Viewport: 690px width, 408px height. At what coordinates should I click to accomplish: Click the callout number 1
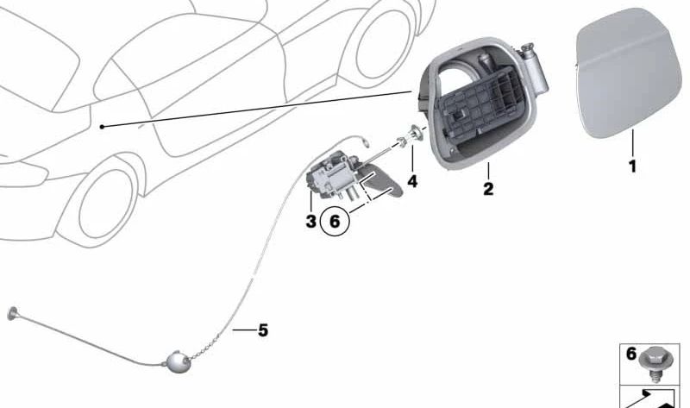point(632,166)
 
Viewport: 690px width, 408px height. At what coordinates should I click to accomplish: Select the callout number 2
point(488,189)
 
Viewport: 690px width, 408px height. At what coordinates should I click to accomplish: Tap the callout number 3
point(310,221)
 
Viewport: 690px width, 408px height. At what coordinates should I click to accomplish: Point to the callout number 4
point(412,181)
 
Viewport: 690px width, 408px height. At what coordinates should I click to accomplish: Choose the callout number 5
point(263,330)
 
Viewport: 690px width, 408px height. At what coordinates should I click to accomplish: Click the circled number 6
point(335,221)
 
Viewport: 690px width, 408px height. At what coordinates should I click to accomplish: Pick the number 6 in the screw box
point(631,354)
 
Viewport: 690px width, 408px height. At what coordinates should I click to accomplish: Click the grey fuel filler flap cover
point(628,73)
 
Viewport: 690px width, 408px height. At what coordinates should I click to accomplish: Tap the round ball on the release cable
point(178,361)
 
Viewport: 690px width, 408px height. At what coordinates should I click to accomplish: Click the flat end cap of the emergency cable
point(12,313)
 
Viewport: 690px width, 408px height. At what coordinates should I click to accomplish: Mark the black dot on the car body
point(102,127)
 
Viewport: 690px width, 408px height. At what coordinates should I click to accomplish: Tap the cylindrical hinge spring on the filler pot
point(535,70)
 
